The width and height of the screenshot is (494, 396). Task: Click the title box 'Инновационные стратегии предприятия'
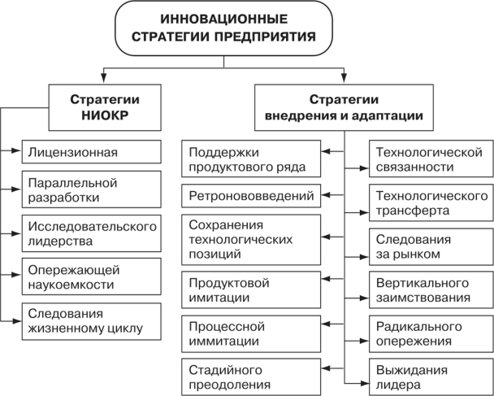223,27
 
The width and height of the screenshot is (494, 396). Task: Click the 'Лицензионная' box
89,152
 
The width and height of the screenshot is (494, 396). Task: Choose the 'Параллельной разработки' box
89,189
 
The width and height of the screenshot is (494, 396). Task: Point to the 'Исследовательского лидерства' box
89,233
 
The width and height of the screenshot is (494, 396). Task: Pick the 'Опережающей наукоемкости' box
89,276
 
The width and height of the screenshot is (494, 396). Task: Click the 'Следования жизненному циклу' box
89,320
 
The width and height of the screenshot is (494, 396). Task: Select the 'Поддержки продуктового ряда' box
254,159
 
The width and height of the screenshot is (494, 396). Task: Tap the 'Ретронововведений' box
254,195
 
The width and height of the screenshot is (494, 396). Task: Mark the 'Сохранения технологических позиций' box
254,238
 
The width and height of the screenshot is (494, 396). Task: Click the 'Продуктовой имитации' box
254,289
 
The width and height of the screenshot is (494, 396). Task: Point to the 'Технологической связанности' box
431,159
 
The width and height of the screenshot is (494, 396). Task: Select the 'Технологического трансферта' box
431,202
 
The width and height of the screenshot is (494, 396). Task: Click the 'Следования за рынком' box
431,246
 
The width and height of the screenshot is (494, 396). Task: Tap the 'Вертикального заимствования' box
431,289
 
